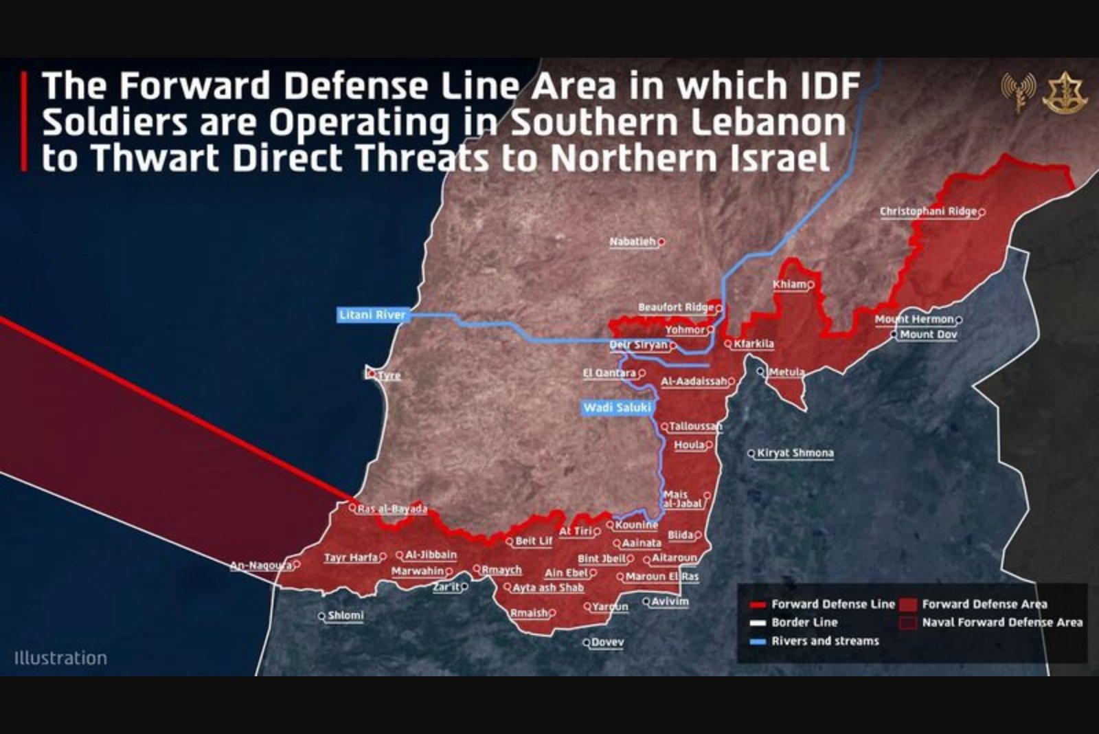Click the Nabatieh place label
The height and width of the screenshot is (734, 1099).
pos(633,242)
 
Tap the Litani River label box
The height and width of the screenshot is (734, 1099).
pos(372,315)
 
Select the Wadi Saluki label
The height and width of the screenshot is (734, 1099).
pos(617,408)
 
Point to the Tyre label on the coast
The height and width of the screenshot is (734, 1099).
pos(389,375)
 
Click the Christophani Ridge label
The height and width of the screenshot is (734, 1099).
pos(928,212)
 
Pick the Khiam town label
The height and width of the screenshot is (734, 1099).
pos(789,285)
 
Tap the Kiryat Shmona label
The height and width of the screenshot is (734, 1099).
pos(795,453)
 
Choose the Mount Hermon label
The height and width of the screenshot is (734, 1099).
pos(914,320)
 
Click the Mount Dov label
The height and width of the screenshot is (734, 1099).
pos(928,335)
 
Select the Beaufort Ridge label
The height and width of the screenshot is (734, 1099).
pos(676,307)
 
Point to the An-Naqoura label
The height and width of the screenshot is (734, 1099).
pos(261,566)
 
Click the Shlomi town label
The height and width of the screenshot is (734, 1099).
pos(345,616)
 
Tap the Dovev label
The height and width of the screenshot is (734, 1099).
pos(607,643)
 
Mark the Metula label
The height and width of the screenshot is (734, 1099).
pos(786,372)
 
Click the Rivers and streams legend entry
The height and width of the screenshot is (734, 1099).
pos(824,641)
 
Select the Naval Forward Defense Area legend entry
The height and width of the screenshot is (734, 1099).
pos(1001,623)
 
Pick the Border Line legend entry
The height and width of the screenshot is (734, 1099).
pos(804,623)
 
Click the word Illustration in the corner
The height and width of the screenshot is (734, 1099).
pos(60,658)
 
